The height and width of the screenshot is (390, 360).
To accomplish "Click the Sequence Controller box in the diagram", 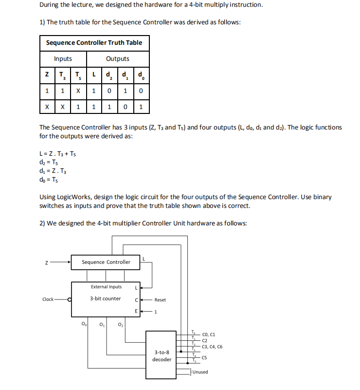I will pyautogui.click(x=106, y=262).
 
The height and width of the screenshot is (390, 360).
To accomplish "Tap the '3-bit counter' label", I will pyautogui.click(x=105, y=298).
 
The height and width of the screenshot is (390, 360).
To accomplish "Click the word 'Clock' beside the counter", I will pyautogui.click(x=48, y=299).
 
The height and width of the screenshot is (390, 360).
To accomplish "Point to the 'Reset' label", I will pyautogui.click(x=161, y=300).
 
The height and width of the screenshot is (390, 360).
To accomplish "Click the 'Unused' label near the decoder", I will pyautogui.click(x=200, y=372).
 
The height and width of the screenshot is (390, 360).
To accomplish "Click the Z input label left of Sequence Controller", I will pyautogui.click(x=46, y=262).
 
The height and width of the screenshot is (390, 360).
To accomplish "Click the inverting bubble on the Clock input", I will pyautogui.click(x=70, y=299).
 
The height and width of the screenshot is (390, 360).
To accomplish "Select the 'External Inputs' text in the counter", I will pyautogui.click(x=106, y=287).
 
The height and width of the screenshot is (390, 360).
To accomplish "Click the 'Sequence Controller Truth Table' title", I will pyautogui.click(x=94, y=42).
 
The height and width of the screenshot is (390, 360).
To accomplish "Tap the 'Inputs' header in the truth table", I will pyautogui.click(x=63, y=59).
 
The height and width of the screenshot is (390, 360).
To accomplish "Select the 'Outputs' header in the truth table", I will pyautogui.click(x=118, y=59).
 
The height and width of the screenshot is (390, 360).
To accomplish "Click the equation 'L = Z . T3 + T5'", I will pyautogui.click(x=57, y=154).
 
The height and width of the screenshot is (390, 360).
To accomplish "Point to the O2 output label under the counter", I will pyautogui.click(x=121, y=324).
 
